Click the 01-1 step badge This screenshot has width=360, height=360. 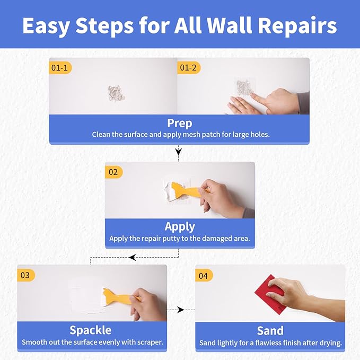[59, 68]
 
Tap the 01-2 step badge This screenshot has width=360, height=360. [188, 68]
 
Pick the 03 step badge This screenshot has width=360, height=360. [26, 275]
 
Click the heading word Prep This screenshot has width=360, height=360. [179, 123]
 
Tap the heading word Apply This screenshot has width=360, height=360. [180, 226]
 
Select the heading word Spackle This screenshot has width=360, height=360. [90, 330]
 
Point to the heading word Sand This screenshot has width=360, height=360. [270, 330]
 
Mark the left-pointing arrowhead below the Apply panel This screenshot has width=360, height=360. [132, 258]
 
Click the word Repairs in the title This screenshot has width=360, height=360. [302, 25]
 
